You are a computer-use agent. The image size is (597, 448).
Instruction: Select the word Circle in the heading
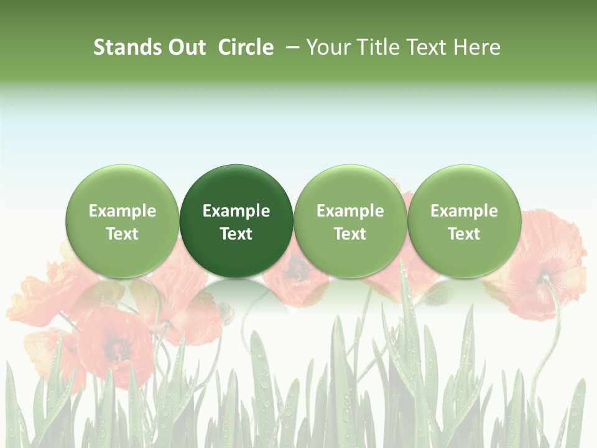[x=246, y=47]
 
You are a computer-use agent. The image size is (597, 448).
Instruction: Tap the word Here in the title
[x=478, y=47]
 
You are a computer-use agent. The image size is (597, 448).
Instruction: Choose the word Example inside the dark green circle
[x=236, y=211]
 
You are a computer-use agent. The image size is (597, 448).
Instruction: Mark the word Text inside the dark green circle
[x=236, y=234]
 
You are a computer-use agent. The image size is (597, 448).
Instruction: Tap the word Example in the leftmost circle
[x=123, y=211]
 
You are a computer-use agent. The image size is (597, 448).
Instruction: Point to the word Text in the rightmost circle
[x=465, y=234]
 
